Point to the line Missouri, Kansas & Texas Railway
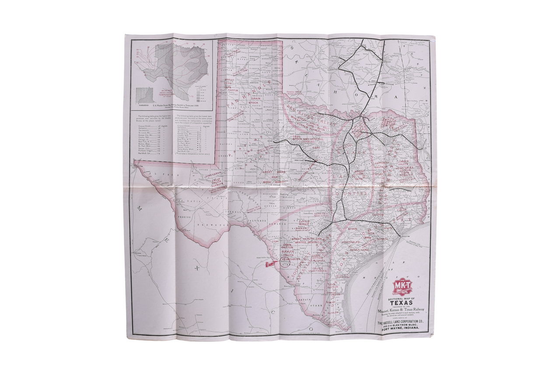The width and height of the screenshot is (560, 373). [402, 310]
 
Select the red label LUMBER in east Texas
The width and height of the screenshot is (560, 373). [402, 161]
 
